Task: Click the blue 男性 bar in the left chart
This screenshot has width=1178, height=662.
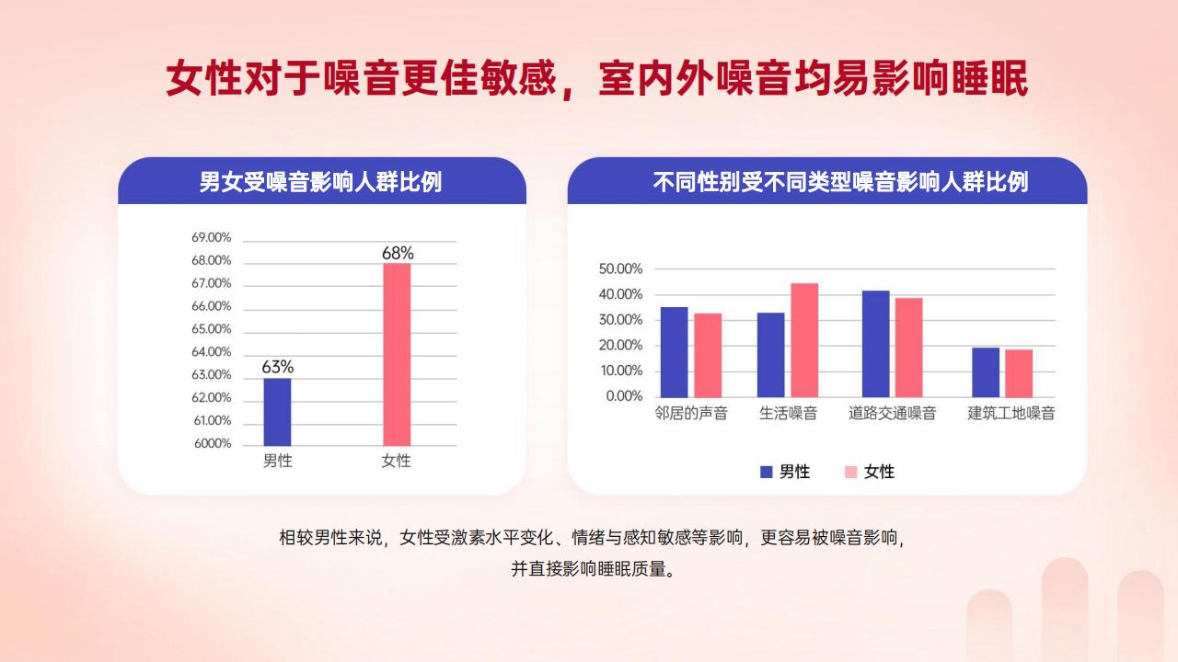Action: click(277, 412)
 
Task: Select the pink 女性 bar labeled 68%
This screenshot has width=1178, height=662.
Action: click(397, 355)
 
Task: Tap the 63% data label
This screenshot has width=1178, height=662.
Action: click(278, 367)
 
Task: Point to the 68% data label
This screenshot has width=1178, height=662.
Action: click(398, 253)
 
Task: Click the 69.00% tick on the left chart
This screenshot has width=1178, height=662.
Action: click(212, 237)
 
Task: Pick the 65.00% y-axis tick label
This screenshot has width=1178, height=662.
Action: click(212, 329)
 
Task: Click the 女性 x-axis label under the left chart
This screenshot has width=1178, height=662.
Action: click(396, 461)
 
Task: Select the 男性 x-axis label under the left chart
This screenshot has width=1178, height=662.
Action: click(277, 461)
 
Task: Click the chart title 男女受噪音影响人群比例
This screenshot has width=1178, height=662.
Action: click(320, 182)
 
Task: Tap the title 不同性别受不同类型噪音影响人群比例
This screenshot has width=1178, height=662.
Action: click(840, 182)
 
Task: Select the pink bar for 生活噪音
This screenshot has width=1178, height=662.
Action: click(804, 340)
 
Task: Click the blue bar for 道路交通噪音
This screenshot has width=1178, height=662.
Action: click(876, 344)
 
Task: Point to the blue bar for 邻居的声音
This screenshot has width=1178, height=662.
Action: click(675, 352)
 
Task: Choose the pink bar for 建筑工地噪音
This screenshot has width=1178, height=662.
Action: click(1019, 373)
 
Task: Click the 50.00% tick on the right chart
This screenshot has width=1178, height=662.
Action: click(620, 269)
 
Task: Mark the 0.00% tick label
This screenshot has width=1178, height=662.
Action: click(624, 396)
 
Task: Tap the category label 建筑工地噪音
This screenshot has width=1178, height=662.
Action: click(1011, 414)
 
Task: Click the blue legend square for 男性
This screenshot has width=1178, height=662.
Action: click(767, 472)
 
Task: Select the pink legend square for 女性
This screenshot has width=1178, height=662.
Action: click(851, 472)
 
